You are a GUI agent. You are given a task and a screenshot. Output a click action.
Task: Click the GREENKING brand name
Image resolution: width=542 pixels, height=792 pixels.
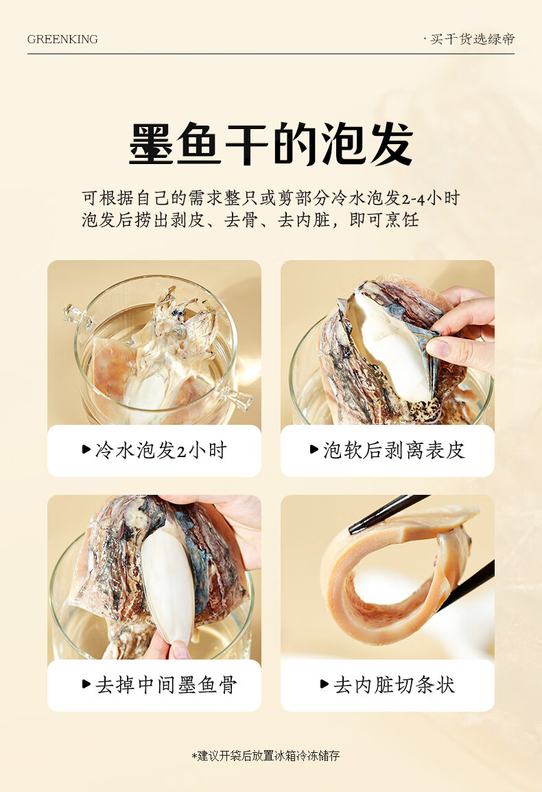click(62, 39)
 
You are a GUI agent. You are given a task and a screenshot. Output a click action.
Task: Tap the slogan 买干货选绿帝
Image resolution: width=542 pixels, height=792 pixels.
click(472, 39)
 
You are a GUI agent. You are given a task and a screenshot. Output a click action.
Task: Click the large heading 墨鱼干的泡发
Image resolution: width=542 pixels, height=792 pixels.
click(271, 144)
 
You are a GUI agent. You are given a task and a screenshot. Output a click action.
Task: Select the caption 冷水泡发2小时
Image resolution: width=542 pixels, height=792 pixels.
click(161, 450)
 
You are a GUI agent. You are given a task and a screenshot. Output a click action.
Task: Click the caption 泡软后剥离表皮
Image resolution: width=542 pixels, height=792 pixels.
click(394, 450)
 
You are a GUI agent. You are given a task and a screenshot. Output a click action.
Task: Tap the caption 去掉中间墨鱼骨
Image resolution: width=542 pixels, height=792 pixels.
click(166, 685)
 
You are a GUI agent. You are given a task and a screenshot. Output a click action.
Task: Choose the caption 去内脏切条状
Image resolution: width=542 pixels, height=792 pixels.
click(394, 685)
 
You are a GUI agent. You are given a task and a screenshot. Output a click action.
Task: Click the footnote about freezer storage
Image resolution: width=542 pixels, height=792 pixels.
click(266, 756)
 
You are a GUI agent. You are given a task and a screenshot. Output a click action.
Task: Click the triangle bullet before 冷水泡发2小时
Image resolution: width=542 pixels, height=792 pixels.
click(86, 449)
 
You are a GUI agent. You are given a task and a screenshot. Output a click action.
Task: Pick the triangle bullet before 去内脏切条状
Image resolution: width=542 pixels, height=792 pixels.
click(325, 684)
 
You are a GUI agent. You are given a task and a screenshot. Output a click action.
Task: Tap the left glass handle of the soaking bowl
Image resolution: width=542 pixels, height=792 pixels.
click(78, 315)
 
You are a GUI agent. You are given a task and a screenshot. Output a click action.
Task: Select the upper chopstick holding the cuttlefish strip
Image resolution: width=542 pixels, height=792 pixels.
click(389, 513)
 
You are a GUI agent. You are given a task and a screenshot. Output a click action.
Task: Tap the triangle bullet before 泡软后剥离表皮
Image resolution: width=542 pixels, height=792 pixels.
click(314, 449)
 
